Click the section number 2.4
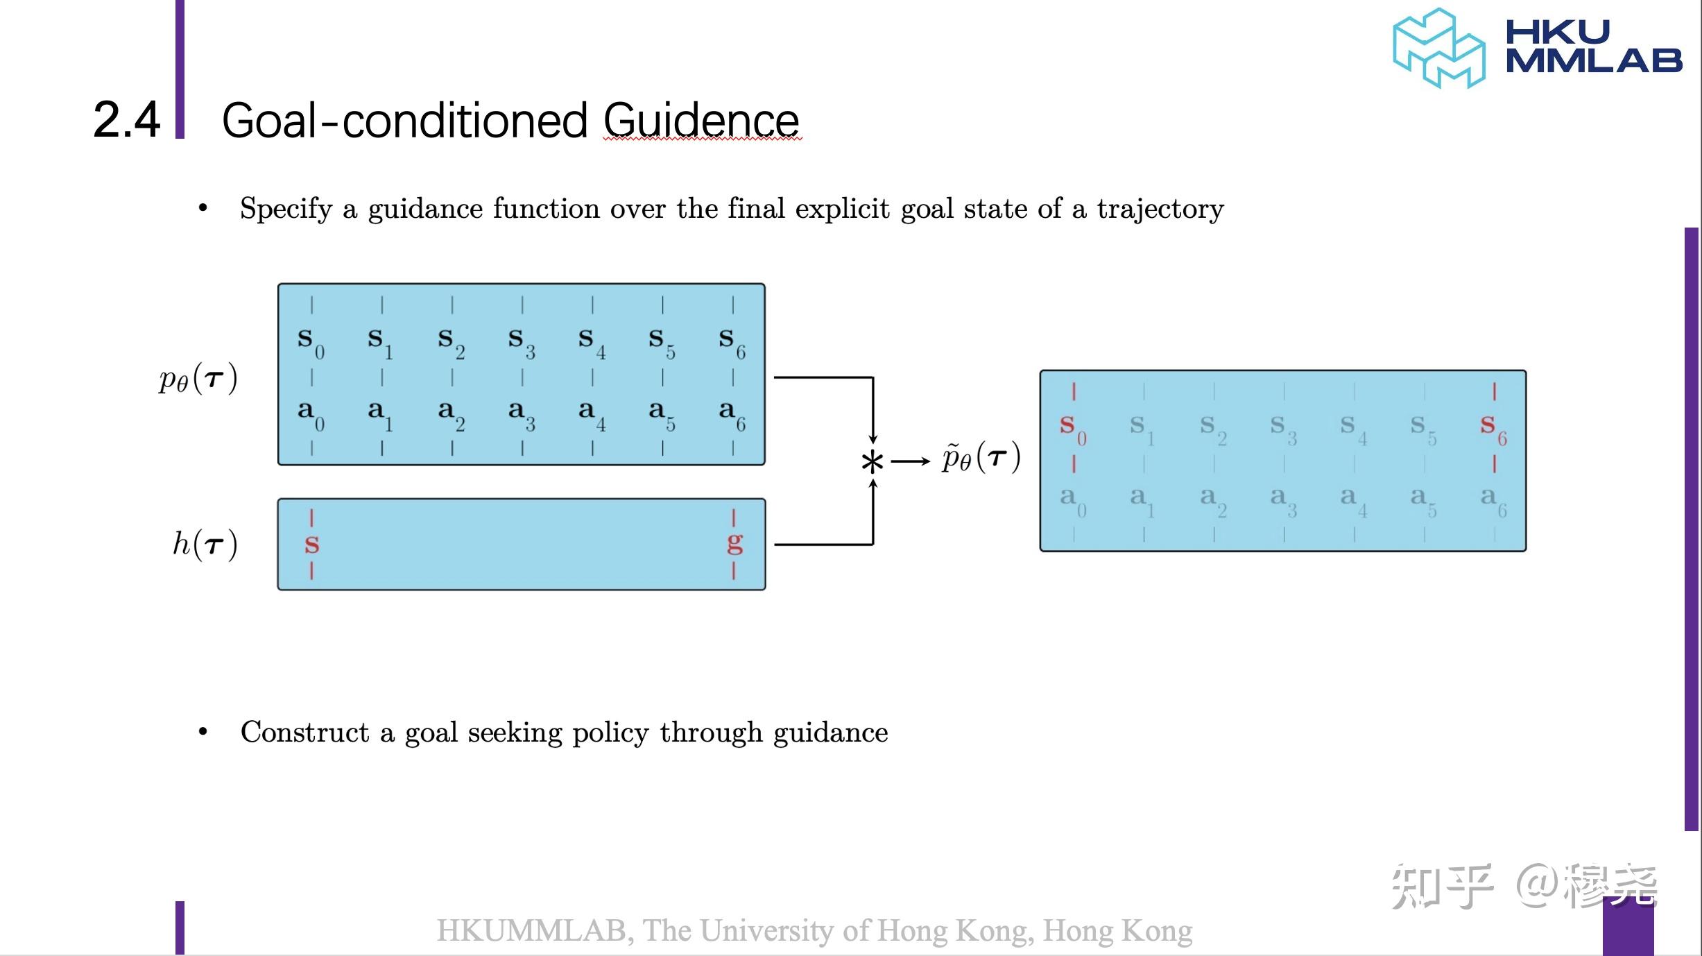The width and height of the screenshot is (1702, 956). point(127,120)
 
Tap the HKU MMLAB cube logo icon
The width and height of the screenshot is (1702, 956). point(1438,49)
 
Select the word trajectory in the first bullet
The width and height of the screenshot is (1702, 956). point(1160,209)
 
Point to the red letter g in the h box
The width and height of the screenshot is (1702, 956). point(734,544)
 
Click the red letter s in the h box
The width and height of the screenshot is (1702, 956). point(311,545)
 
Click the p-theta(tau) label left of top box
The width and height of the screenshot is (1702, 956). point(198,379)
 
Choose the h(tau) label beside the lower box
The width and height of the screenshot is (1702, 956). point(205,544)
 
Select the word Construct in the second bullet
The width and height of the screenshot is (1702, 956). point(304,733)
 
